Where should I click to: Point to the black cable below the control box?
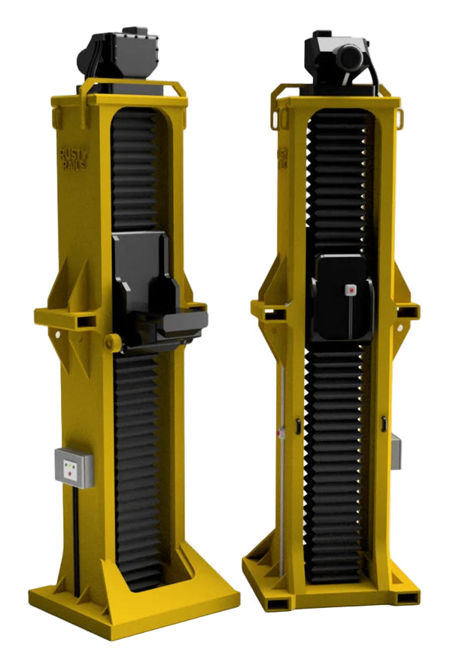tap(75, 527)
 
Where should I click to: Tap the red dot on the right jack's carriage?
tap(348, 289)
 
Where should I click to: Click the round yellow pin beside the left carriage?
tap(113, 343)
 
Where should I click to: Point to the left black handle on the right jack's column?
tap(298, 426)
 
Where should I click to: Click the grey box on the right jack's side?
tap(395, 452)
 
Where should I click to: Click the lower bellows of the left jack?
tap(139, 467)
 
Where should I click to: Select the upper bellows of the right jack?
tap(341, 181)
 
